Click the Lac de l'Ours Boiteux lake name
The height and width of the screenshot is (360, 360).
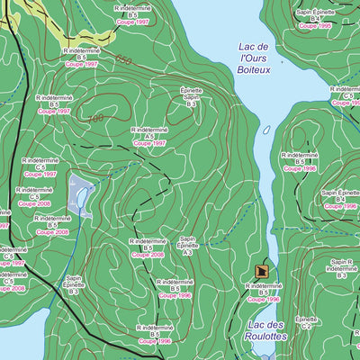click(x=254, y=57)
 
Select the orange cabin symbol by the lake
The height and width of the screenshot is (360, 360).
click(x=262, y=270)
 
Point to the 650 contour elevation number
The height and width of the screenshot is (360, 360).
click(x=123, y=60)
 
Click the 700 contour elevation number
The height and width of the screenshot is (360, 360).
click(x=95, y=118)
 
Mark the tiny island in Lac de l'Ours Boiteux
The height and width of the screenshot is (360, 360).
click(x=266, y=130)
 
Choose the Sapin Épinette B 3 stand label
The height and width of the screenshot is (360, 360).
click(x=74, y=284)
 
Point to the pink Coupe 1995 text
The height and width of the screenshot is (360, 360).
click(x=315, y=26)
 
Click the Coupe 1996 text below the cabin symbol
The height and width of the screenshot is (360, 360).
click(x=264, y=299)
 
